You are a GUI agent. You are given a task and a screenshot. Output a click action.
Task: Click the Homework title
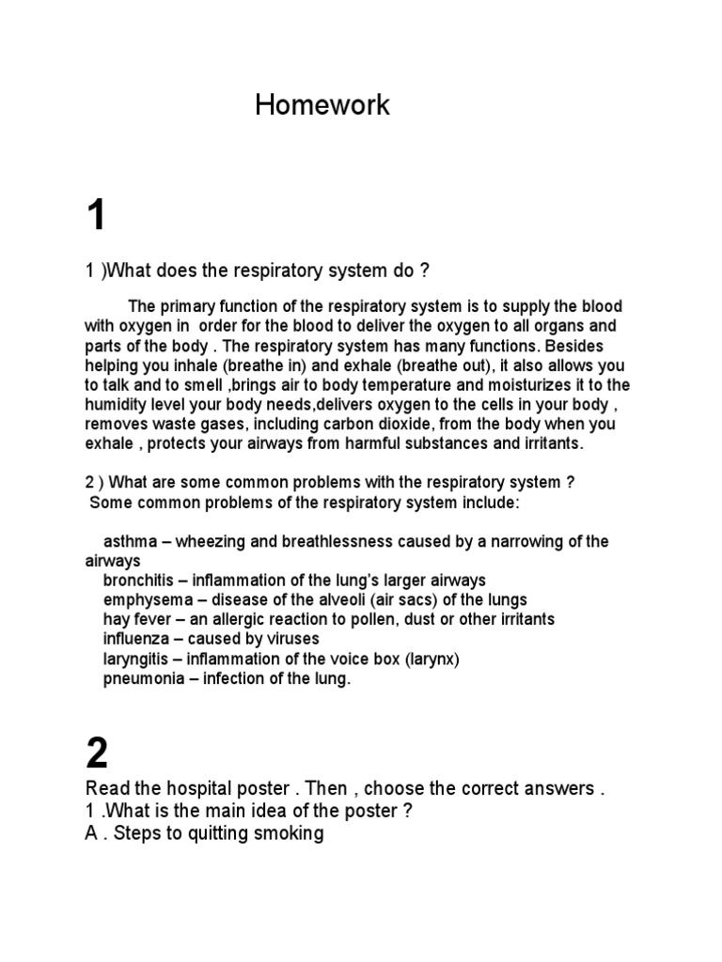point(322,105)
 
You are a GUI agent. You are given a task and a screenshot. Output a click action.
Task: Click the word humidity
point(116,404)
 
